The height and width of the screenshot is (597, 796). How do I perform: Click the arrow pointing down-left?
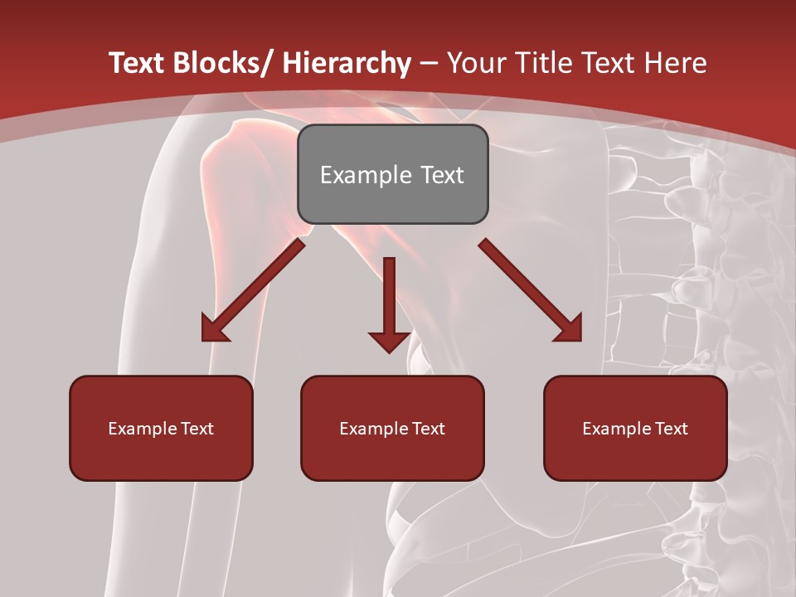(x=253, y=290)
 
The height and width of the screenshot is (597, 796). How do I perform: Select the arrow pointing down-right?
(x=531, y=290)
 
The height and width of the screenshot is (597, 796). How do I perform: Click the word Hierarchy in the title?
(x=347, y=63)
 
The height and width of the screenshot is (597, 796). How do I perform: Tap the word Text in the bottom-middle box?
(x=427, y=429)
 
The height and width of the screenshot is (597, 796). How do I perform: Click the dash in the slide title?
(x=429, y=63)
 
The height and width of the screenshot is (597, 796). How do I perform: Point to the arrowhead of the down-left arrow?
(x=214, y=329)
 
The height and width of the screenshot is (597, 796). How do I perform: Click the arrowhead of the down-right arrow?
(x=569, y=329)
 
